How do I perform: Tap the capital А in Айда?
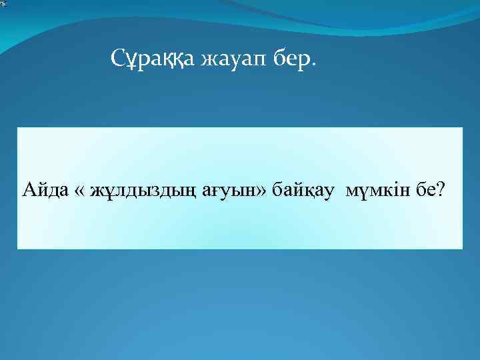pyautogui.click(x=28, y=191)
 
